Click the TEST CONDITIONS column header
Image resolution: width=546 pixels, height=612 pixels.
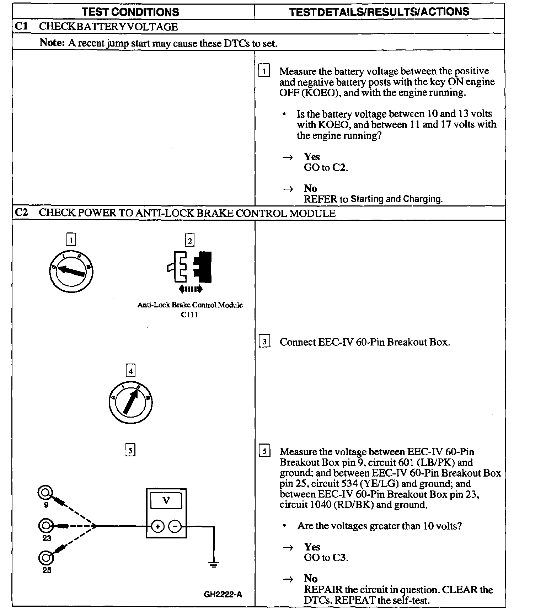(x=130, y=12)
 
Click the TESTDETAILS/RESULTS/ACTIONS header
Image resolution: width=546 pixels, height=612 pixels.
(x=379, y=12)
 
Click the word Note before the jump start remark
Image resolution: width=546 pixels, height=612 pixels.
(x=52, y=43)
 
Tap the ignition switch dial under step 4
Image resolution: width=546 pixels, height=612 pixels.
(x=130, y=402)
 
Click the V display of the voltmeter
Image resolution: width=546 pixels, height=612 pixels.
(x=166, y=500)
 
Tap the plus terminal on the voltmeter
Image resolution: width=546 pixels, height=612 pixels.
(x=157, y=526)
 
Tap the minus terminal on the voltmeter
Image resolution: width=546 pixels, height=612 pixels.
(x=175, y=526)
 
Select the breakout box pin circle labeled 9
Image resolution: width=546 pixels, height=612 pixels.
(x=45, y=493)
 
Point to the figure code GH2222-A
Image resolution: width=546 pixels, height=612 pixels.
(x=223, y=594)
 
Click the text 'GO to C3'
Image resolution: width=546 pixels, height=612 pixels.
(x=326, y=558)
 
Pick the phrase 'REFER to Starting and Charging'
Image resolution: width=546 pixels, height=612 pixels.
(x=373, y=199)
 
